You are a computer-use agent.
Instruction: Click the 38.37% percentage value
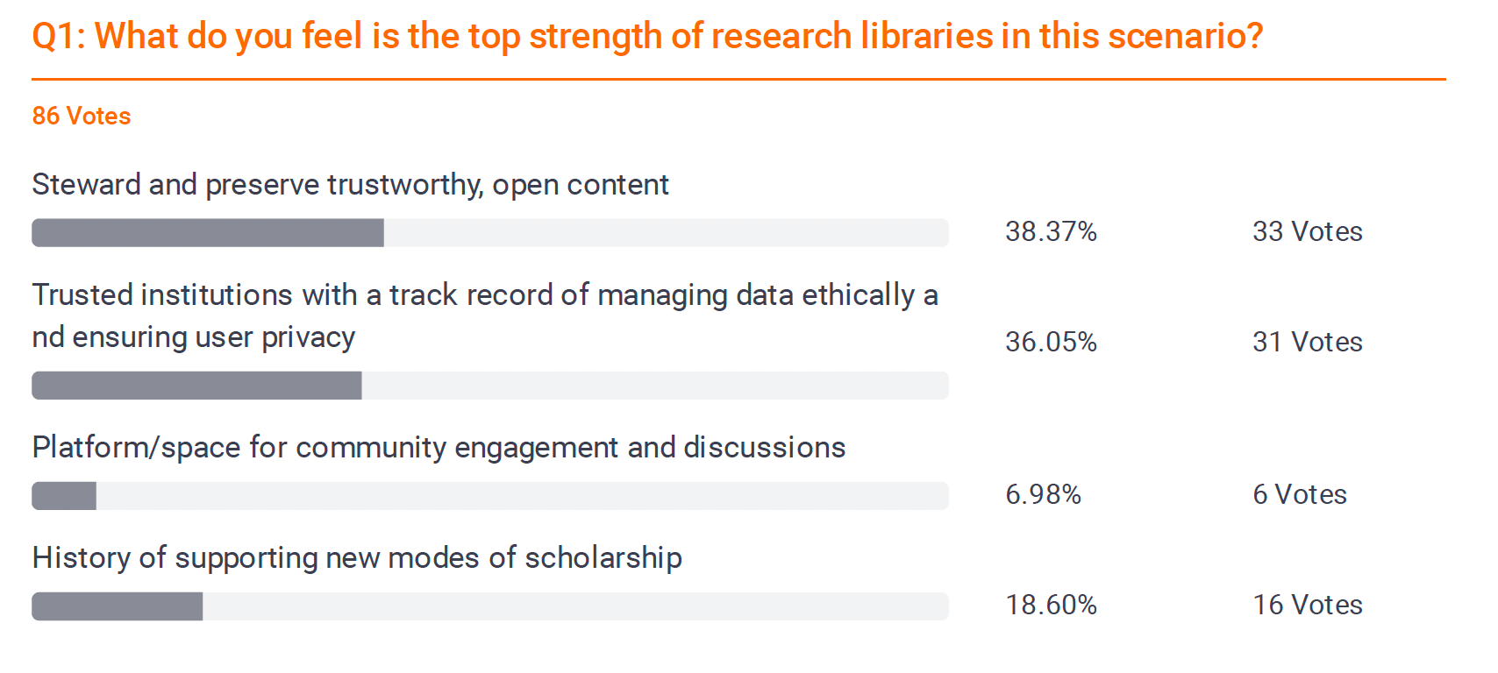click(x=1051, y=231)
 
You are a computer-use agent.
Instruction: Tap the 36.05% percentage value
click(x=1051, y=342)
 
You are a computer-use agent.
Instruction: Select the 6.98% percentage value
click(x=1043, y=494)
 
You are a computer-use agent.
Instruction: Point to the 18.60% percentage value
click(x=1051, y=605)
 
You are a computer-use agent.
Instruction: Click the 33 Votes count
click(x=1307, y=231)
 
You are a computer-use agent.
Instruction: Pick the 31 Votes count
click(x=1307, y=342)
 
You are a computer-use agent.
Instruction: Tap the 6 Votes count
click(x=1299, y=494)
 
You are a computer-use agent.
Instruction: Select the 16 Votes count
click(x=1307, y=605)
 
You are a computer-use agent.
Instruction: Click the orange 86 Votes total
click(x=82, y=116)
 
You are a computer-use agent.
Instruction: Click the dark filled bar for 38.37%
click(x=208, y=233)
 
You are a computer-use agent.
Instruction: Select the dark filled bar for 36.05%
click(x=196, y=386)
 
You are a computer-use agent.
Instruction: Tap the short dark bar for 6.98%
click(x=64, y=496)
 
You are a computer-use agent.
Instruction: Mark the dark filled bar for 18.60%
click(x=118, y=606)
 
